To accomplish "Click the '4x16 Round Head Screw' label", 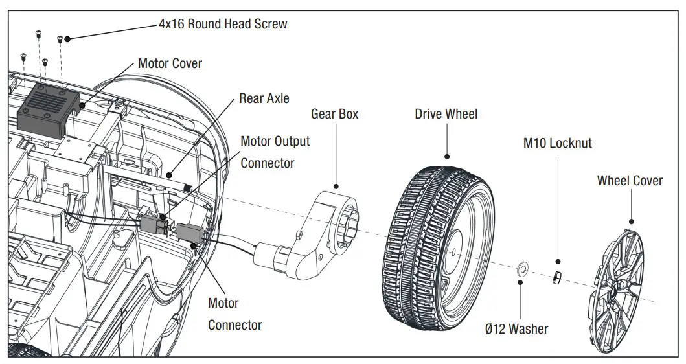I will coord(223,24).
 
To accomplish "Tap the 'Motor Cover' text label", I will coord(170,63).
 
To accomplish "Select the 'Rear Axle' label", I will coord(264,98).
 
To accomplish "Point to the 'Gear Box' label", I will coord(334,114).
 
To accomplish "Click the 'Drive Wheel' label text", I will coord(446,114).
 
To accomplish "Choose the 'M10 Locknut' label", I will coord(557,143).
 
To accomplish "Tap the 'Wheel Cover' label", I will coord(630,181).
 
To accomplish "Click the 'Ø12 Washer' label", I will coord(516,329).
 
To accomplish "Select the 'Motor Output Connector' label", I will coord(275,152).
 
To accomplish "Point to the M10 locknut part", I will coord(556,279).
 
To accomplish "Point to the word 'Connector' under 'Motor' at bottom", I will coord(234,325).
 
